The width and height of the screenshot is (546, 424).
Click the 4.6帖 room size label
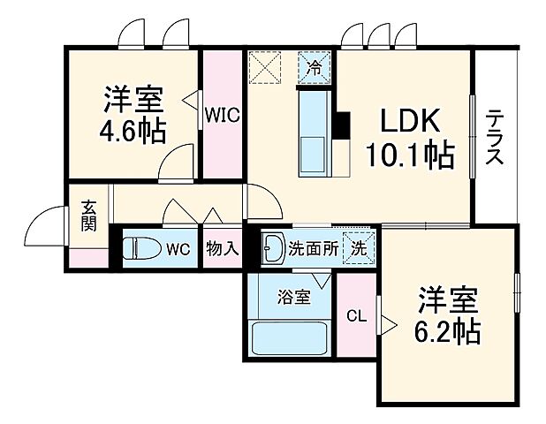[132, 130]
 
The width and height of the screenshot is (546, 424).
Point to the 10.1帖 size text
[410, 155]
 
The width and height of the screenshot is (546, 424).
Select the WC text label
[179, 249]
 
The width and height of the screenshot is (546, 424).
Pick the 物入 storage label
[221, 248]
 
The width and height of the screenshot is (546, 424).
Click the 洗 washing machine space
[360, 248]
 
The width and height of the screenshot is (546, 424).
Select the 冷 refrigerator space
[315, 66]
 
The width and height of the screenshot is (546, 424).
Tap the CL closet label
[356, 315]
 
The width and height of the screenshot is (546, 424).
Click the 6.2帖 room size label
[449, 316]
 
